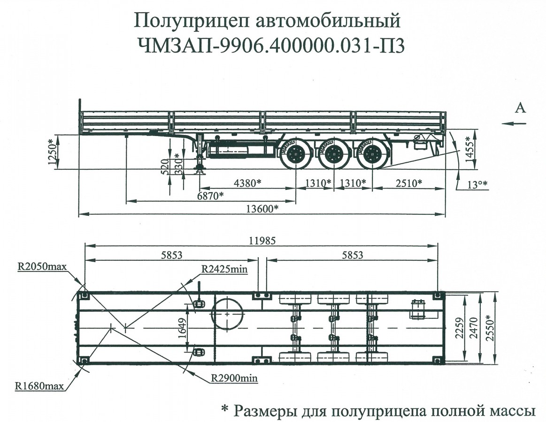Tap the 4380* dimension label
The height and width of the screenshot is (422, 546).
(246, 183)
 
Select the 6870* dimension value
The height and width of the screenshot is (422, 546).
(209, 196)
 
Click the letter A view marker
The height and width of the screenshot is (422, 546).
(520, 108)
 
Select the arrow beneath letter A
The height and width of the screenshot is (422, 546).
(513, 123)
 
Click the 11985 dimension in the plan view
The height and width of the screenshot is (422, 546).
(262, 241)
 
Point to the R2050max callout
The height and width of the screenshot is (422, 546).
(42, 267)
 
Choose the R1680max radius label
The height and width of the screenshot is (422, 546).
(39, 387)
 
